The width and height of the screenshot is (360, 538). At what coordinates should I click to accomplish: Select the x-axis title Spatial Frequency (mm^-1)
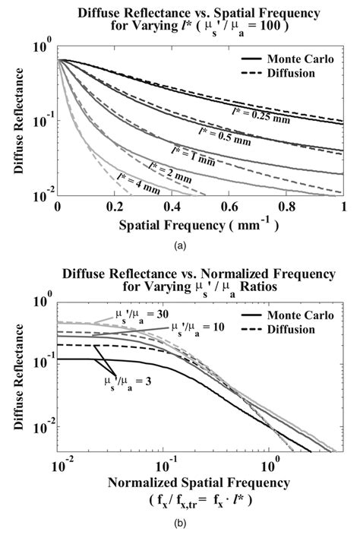pos(200,225)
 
